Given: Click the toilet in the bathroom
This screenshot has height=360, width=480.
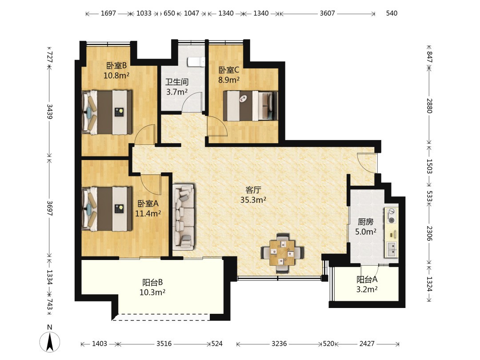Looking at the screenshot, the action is pyautogui.click(x=196, y=61).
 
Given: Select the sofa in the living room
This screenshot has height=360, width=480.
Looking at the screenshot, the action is pyautogui.click(x=184, y=217).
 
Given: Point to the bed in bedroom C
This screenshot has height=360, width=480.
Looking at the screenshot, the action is pyautogui.click(x=250, y=106).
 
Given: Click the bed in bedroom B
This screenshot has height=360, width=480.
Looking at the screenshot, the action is pyautogui.click(x=107, y=112).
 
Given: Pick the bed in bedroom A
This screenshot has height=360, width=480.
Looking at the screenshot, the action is pyautogui.click(x=107, y=209).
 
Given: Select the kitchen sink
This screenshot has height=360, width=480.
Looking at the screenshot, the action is pyautogui.click(x=392, y=248).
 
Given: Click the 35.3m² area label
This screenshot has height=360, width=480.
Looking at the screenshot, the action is pyautogui.click(x=253, y=200).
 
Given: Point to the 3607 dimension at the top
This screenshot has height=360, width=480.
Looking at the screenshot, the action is pyautogui.click(x=327, y=13).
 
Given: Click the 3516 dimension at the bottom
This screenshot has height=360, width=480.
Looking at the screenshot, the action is pyautogui.click(x=164, y=344).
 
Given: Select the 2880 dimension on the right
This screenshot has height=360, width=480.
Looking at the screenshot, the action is pyautogui.click(x=429, y=106).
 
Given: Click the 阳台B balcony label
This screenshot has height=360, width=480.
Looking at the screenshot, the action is pyautogui.click(x=152, y=282).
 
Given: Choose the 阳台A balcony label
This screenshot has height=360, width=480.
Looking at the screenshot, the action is pyautogui.click(x=367, y=280).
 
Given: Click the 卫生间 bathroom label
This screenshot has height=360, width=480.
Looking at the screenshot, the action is pyautogui.click(x=177, y=82).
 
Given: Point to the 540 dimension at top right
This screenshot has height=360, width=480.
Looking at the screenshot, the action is pyautogui.click(x=392, y=13).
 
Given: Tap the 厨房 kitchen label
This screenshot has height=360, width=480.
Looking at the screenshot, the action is pyautogui.click(x=365, y=222).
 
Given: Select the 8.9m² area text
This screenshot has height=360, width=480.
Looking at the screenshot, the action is pyautogui.click(x=229, y=80).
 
